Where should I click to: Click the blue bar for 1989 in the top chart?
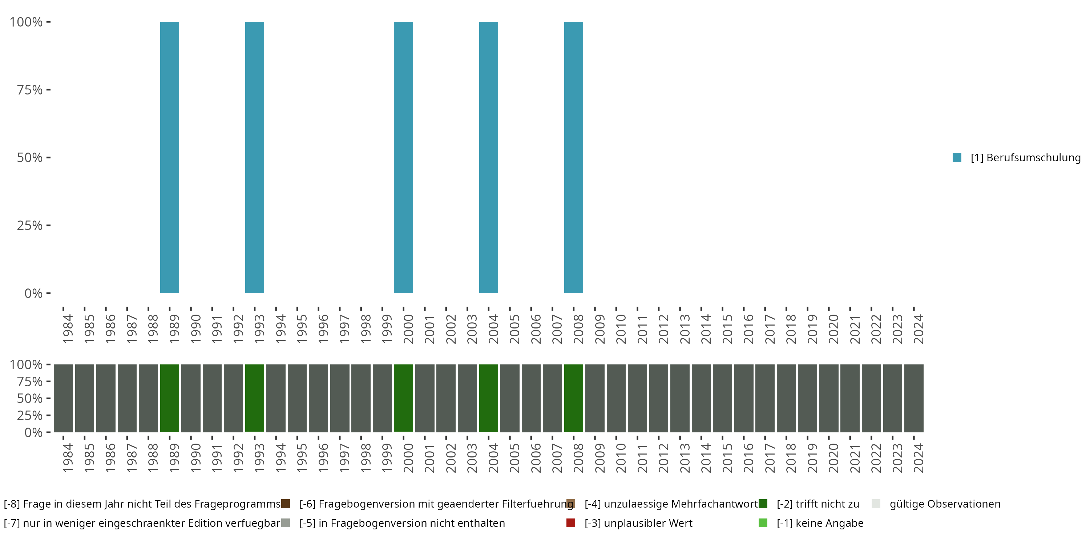[169, 157]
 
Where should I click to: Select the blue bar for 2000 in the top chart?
[403, 157]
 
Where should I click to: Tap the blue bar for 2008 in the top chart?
[573, 157]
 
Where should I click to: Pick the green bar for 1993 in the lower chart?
[255, 398]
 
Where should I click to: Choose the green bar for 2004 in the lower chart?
[488, 398]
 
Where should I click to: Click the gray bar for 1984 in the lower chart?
[64, 398]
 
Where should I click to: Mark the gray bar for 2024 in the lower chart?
[914, 398]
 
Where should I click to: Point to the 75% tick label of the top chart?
[30, 90]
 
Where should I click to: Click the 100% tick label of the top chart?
[26, 22]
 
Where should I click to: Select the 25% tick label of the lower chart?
[30, 415]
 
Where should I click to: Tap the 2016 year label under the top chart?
[748, 329]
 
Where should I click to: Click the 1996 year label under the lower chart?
[323, 458]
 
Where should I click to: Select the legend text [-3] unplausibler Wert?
[638, 523]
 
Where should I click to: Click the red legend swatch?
[571, 523]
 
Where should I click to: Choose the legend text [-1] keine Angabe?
[820, 523]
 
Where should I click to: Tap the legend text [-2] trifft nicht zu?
[817, 504]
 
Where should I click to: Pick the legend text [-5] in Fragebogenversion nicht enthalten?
[402, 523]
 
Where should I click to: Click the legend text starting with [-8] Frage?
[142, 504]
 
